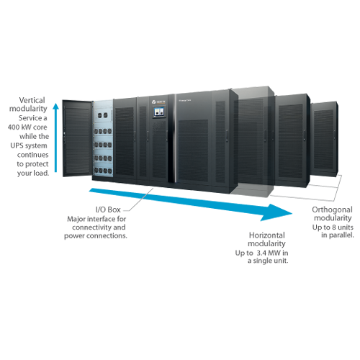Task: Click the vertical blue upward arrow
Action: (x=55, y=138)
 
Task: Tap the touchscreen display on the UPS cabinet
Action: (x=158, y=112)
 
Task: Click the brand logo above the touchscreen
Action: (x=158, y=102)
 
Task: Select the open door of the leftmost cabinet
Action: (x=77, y=138)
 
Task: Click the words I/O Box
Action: (x=108, y=210)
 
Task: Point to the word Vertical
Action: (x=32, y=100)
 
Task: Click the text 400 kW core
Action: (x=27, y=127)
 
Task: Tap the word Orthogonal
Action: (x=332, y=210)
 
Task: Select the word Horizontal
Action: (x=267, y=235)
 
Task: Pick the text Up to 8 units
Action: (x=333, y=227)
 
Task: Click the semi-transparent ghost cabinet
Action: (x=254, y=142)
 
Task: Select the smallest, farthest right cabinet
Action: (x=325, y=139)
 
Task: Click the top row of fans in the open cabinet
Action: (x=104, y=115)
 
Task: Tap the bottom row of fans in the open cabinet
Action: (x=103, y=171)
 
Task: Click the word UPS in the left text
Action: (x=15, y=145)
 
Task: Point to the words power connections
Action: (x=96, y=235)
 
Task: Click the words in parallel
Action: (x=338, y=235)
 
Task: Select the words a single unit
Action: (x=268, y=261)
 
